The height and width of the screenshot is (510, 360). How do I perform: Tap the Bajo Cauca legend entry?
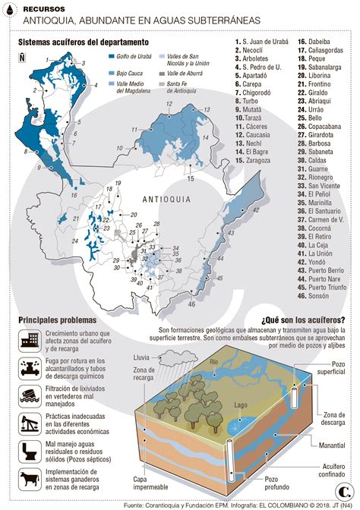130,73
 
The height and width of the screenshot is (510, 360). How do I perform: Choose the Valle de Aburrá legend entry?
184,74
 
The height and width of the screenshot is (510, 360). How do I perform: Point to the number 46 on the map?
192,304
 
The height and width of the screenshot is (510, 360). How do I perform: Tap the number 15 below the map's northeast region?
191,178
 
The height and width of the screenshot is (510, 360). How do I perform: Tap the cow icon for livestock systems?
29,479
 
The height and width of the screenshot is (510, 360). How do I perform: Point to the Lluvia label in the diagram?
141,356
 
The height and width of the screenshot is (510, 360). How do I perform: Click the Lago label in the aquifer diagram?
241,407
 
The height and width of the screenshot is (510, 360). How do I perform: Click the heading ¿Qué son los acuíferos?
303,321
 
